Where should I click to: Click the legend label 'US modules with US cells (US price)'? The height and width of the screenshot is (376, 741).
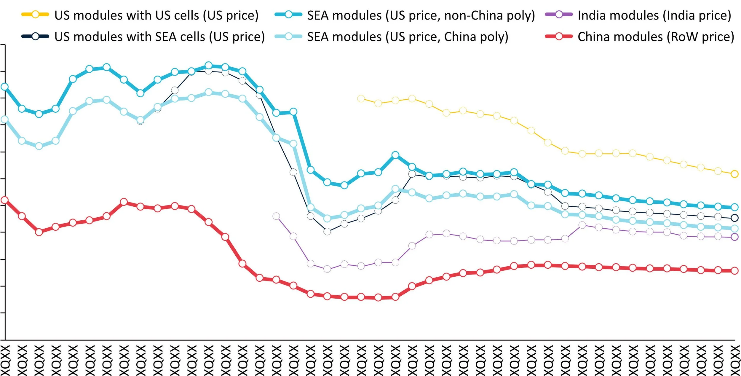pos(156,15)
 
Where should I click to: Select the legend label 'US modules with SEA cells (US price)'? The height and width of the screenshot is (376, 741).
pos(159,37)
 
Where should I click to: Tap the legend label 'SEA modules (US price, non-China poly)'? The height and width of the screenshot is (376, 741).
pos(421,15)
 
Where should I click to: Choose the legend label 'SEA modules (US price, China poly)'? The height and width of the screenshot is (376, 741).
pos(408,37)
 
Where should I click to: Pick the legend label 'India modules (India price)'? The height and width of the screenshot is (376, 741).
pos(654,15)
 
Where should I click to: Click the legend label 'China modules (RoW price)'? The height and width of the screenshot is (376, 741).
pos(656,37)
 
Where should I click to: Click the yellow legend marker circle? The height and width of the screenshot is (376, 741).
pos(35,14)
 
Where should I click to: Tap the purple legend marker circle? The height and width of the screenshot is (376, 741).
pos(559,14)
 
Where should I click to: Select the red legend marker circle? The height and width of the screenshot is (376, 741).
pos(559,36)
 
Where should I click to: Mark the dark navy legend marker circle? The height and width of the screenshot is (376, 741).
pos(35,36)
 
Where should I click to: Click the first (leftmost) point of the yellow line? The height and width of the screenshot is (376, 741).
pos(361,98)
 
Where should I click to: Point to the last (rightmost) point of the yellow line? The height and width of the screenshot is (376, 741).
pos(734,174)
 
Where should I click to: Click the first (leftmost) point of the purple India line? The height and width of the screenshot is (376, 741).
pos(276,216)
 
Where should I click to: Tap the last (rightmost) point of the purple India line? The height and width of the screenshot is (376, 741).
pos(734,237)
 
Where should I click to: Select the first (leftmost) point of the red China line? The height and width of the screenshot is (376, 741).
pos(4,200)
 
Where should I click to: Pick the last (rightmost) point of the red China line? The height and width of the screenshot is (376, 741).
pos(734,270)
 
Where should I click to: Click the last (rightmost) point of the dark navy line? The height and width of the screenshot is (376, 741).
pos(734,218)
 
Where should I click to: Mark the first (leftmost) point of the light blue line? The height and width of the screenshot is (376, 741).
pos(4,120)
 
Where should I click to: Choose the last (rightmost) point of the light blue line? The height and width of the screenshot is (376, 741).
pos(734,228)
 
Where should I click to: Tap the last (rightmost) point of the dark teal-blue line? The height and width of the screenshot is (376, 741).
pos(734,207)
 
